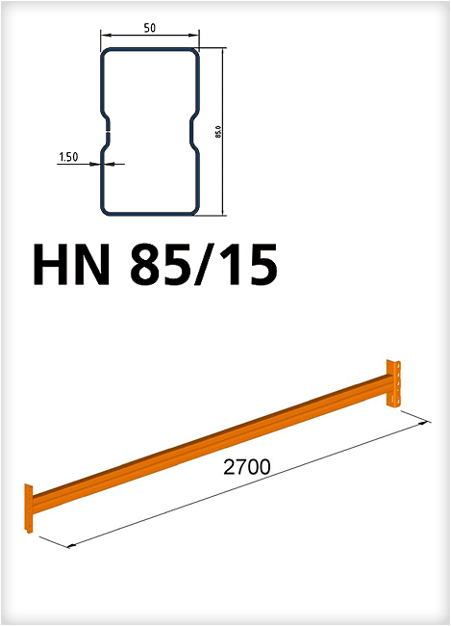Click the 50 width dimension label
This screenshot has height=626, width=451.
click(150, 28)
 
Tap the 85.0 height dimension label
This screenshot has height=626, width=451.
click(218, 132)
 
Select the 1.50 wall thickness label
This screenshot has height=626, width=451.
click(68, 157)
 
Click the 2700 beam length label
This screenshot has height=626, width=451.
click(247, 467)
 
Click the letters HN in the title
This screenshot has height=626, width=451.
click(72, 265)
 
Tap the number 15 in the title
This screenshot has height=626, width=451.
click(251, 265)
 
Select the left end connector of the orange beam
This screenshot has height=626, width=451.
click(28, 508)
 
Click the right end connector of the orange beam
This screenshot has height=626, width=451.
click(393, 383)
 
